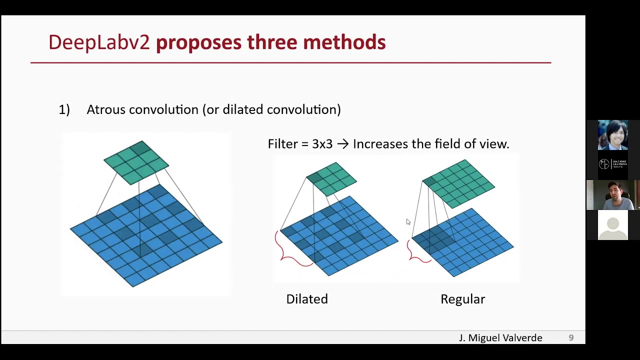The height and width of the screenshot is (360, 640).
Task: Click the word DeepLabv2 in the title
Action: point(99,42)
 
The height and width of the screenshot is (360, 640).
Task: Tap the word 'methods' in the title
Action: point(344,42)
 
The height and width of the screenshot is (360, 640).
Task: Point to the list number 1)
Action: point(64,110)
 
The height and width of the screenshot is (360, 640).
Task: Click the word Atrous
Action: point(105,109)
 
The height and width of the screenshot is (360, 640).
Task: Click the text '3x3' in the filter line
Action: point(322,144)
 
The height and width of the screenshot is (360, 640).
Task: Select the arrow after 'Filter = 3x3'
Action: point(342,144)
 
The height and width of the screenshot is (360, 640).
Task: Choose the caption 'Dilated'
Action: point(307,299)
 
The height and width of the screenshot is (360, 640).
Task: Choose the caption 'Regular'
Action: point(462,299)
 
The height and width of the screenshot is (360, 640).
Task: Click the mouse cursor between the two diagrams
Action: point(408,222)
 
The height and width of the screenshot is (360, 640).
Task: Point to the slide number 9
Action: point(571,338)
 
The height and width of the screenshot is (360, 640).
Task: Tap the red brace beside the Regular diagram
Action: point(416,252)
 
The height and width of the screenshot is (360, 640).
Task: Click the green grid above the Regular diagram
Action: point(458,183)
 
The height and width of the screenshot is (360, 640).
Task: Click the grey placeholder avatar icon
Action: point(613,225)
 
